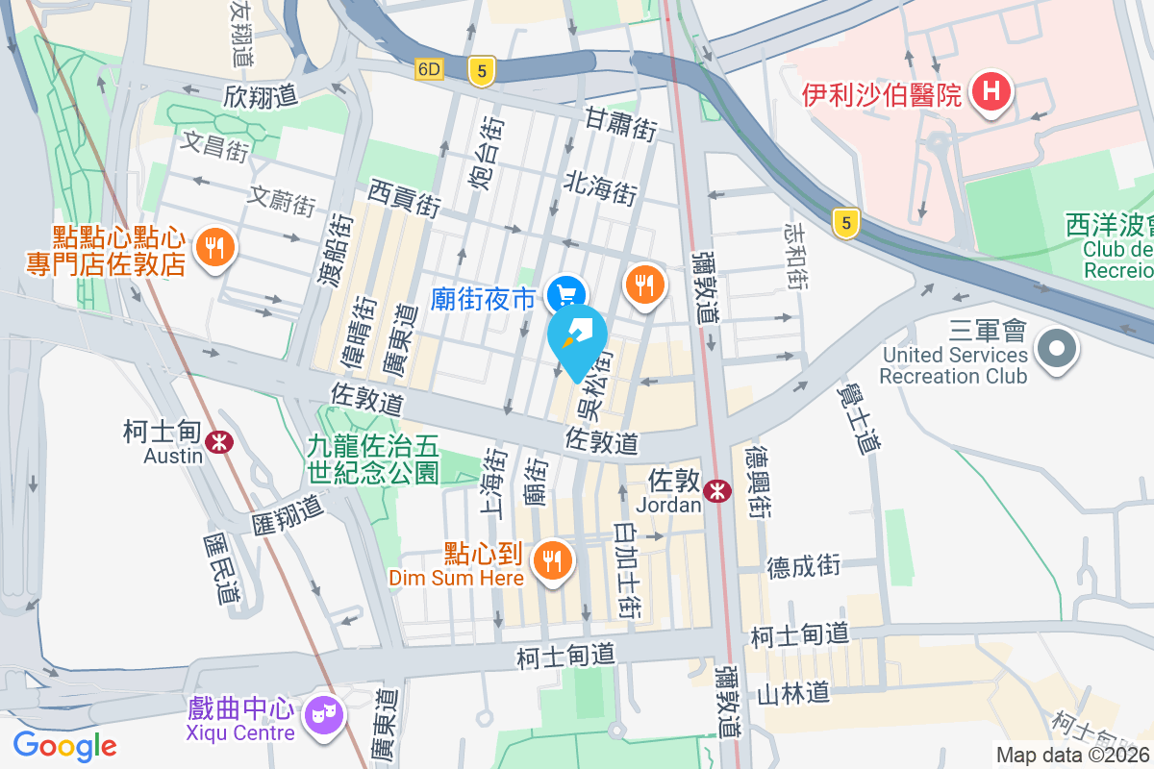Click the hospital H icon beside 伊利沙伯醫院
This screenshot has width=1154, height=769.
991,93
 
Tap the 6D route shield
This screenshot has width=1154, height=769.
429,69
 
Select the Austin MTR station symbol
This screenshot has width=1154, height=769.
220,441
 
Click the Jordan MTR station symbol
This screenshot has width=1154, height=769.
716,491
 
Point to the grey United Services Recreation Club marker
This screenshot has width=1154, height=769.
1057,347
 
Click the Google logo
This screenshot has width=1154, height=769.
64,745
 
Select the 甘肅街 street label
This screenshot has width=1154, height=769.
621,124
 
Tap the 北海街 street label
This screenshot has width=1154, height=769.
601,182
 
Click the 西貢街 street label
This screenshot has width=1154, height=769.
404,199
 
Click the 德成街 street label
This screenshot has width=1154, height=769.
804,566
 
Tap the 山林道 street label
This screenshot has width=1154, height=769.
792,692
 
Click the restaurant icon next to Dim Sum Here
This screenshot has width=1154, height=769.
552,560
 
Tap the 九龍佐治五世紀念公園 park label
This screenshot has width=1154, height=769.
373,459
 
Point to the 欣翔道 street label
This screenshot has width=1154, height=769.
261,97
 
